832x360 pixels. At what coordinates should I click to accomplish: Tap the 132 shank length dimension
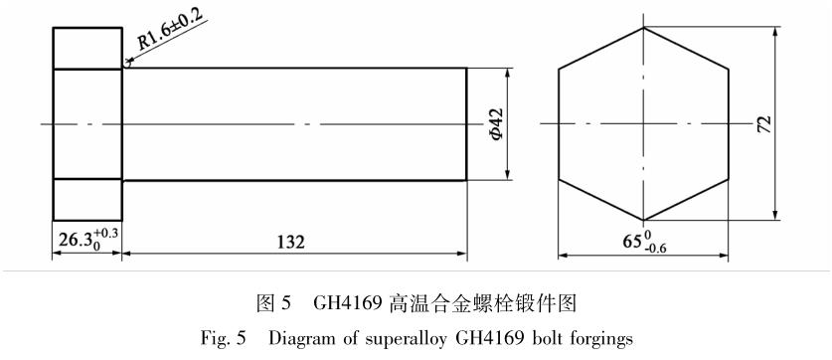tap(291, 242)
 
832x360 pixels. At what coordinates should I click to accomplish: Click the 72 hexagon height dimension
tap(764, 123)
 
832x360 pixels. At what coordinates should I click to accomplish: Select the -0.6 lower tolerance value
tap(653, 247)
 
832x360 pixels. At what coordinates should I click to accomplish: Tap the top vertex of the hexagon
tap(644, 28)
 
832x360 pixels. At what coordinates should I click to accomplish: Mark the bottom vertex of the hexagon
tap(643, 220)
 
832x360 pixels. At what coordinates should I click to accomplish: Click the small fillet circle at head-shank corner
tap(127, 65)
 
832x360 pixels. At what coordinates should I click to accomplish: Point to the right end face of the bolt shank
tap(466, 124)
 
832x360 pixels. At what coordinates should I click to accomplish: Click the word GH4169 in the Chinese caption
tap(348, 303)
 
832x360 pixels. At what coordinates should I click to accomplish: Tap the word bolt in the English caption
tap(546, 338)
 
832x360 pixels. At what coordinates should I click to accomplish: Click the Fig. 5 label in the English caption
tap(223, 338)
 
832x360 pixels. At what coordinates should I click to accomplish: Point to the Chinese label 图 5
tap(273, 303)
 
